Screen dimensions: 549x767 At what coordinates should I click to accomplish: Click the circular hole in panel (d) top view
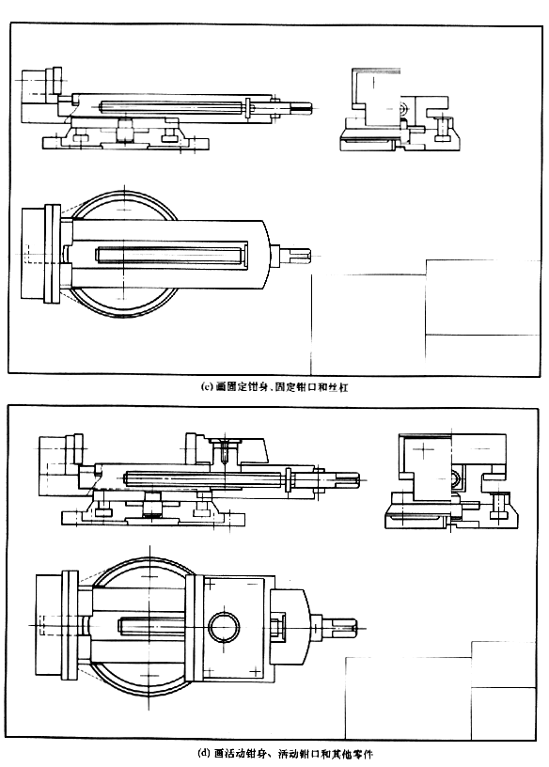[224, 627]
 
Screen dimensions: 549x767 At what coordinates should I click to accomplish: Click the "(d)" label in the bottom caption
[204, 753]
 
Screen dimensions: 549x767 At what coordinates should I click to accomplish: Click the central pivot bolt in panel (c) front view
[125, 129]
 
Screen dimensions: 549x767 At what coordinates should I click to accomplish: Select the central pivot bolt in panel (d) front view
[152, 505]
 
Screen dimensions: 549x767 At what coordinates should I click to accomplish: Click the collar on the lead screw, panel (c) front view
[248, 107]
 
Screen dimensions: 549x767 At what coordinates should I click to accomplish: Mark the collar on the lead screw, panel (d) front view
[288, 479]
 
